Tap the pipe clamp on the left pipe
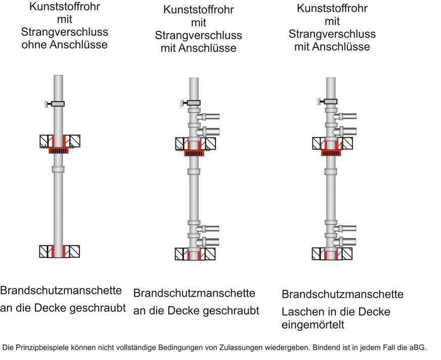tap(58, 104)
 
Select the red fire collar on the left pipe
tap(59, 150)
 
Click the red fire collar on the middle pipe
tap(194, 153)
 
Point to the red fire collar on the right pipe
tap(331, 152)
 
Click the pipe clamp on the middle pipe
tap(193, 103)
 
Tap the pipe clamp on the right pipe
tap(331, 102)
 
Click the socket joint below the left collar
tap(59, 169)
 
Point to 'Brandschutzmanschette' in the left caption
tap(61, 291)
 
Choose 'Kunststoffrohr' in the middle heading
tap(199, 10)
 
